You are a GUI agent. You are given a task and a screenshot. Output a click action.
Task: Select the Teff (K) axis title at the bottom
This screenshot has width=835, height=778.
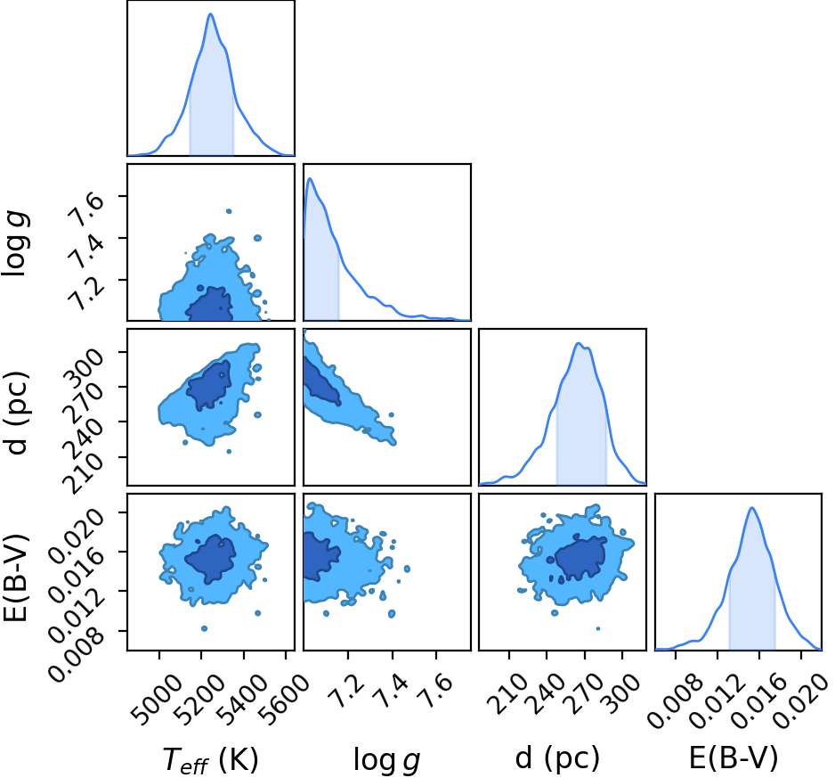[210, 760]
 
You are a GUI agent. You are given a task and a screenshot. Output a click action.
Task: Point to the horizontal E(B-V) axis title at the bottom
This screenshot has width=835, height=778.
[734, 758]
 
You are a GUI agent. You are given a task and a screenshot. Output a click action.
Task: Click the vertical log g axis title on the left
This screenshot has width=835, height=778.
[15, 243]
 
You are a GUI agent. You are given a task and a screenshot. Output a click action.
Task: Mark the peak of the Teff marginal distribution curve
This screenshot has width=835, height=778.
[210, 14]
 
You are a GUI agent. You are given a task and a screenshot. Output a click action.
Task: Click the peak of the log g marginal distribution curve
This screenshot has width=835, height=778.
[310, 178]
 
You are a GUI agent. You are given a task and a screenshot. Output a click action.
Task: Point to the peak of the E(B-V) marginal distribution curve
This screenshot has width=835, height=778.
[752, 508]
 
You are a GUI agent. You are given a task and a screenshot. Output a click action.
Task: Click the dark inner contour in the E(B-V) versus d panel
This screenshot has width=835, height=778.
[580, 558]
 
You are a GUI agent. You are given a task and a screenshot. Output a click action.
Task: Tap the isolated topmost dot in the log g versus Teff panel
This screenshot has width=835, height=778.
[229, 211]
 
